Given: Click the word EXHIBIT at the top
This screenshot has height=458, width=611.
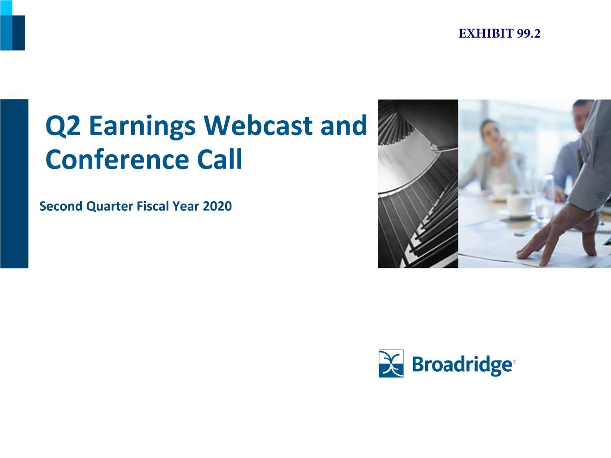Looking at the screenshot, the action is (x=486, y=34).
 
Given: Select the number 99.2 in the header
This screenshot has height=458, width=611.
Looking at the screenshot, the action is (x=529, y=34).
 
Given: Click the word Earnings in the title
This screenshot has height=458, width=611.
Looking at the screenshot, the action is (x=142, y=127).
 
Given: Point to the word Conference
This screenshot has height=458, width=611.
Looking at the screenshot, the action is (x=117, y=159).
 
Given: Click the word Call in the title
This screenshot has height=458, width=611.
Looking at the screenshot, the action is (x=220, y=159).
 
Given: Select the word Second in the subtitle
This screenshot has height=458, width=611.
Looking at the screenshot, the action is (x=61, y=206).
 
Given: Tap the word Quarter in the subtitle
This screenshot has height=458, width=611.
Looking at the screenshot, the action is (x=110, y=207).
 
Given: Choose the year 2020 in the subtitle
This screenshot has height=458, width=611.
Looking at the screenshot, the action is (x=218, y=206).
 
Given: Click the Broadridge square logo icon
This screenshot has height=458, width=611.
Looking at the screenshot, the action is (x=391, y=364).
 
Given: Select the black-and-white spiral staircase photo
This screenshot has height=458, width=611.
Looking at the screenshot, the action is (x=418, y=183).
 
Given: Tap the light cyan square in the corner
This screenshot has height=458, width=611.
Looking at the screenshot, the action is (x=6, y=8).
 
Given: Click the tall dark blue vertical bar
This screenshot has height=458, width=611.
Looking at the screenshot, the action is (x=14, y=183).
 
